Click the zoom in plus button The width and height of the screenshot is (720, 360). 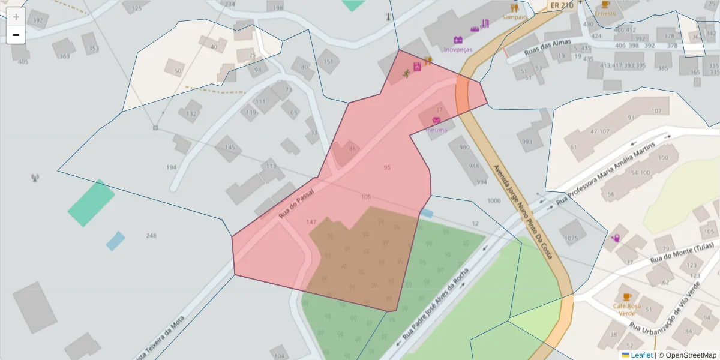coord(16,17)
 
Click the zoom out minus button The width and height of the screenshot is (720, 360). coord(16,35)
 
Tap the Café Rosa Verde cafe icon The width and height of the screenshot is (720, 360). coord(627,296)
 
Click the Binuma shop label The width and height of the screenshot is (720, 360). coord(436,130)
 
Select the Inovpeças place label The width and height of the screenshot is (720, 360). coord(458,49)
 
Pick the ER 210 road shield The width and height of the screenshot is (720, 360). coord(562,5)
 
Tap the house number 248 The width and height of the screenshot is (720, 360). coord(151,236)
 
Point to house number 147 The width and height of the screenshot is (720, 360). coord(311,222)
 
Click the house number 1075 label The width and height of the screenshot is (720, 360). coord(571,238)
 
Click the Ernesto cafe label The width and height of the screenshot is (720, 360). coord(605,13)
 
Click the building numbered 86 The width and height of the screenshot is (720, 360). coord(352,149)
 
